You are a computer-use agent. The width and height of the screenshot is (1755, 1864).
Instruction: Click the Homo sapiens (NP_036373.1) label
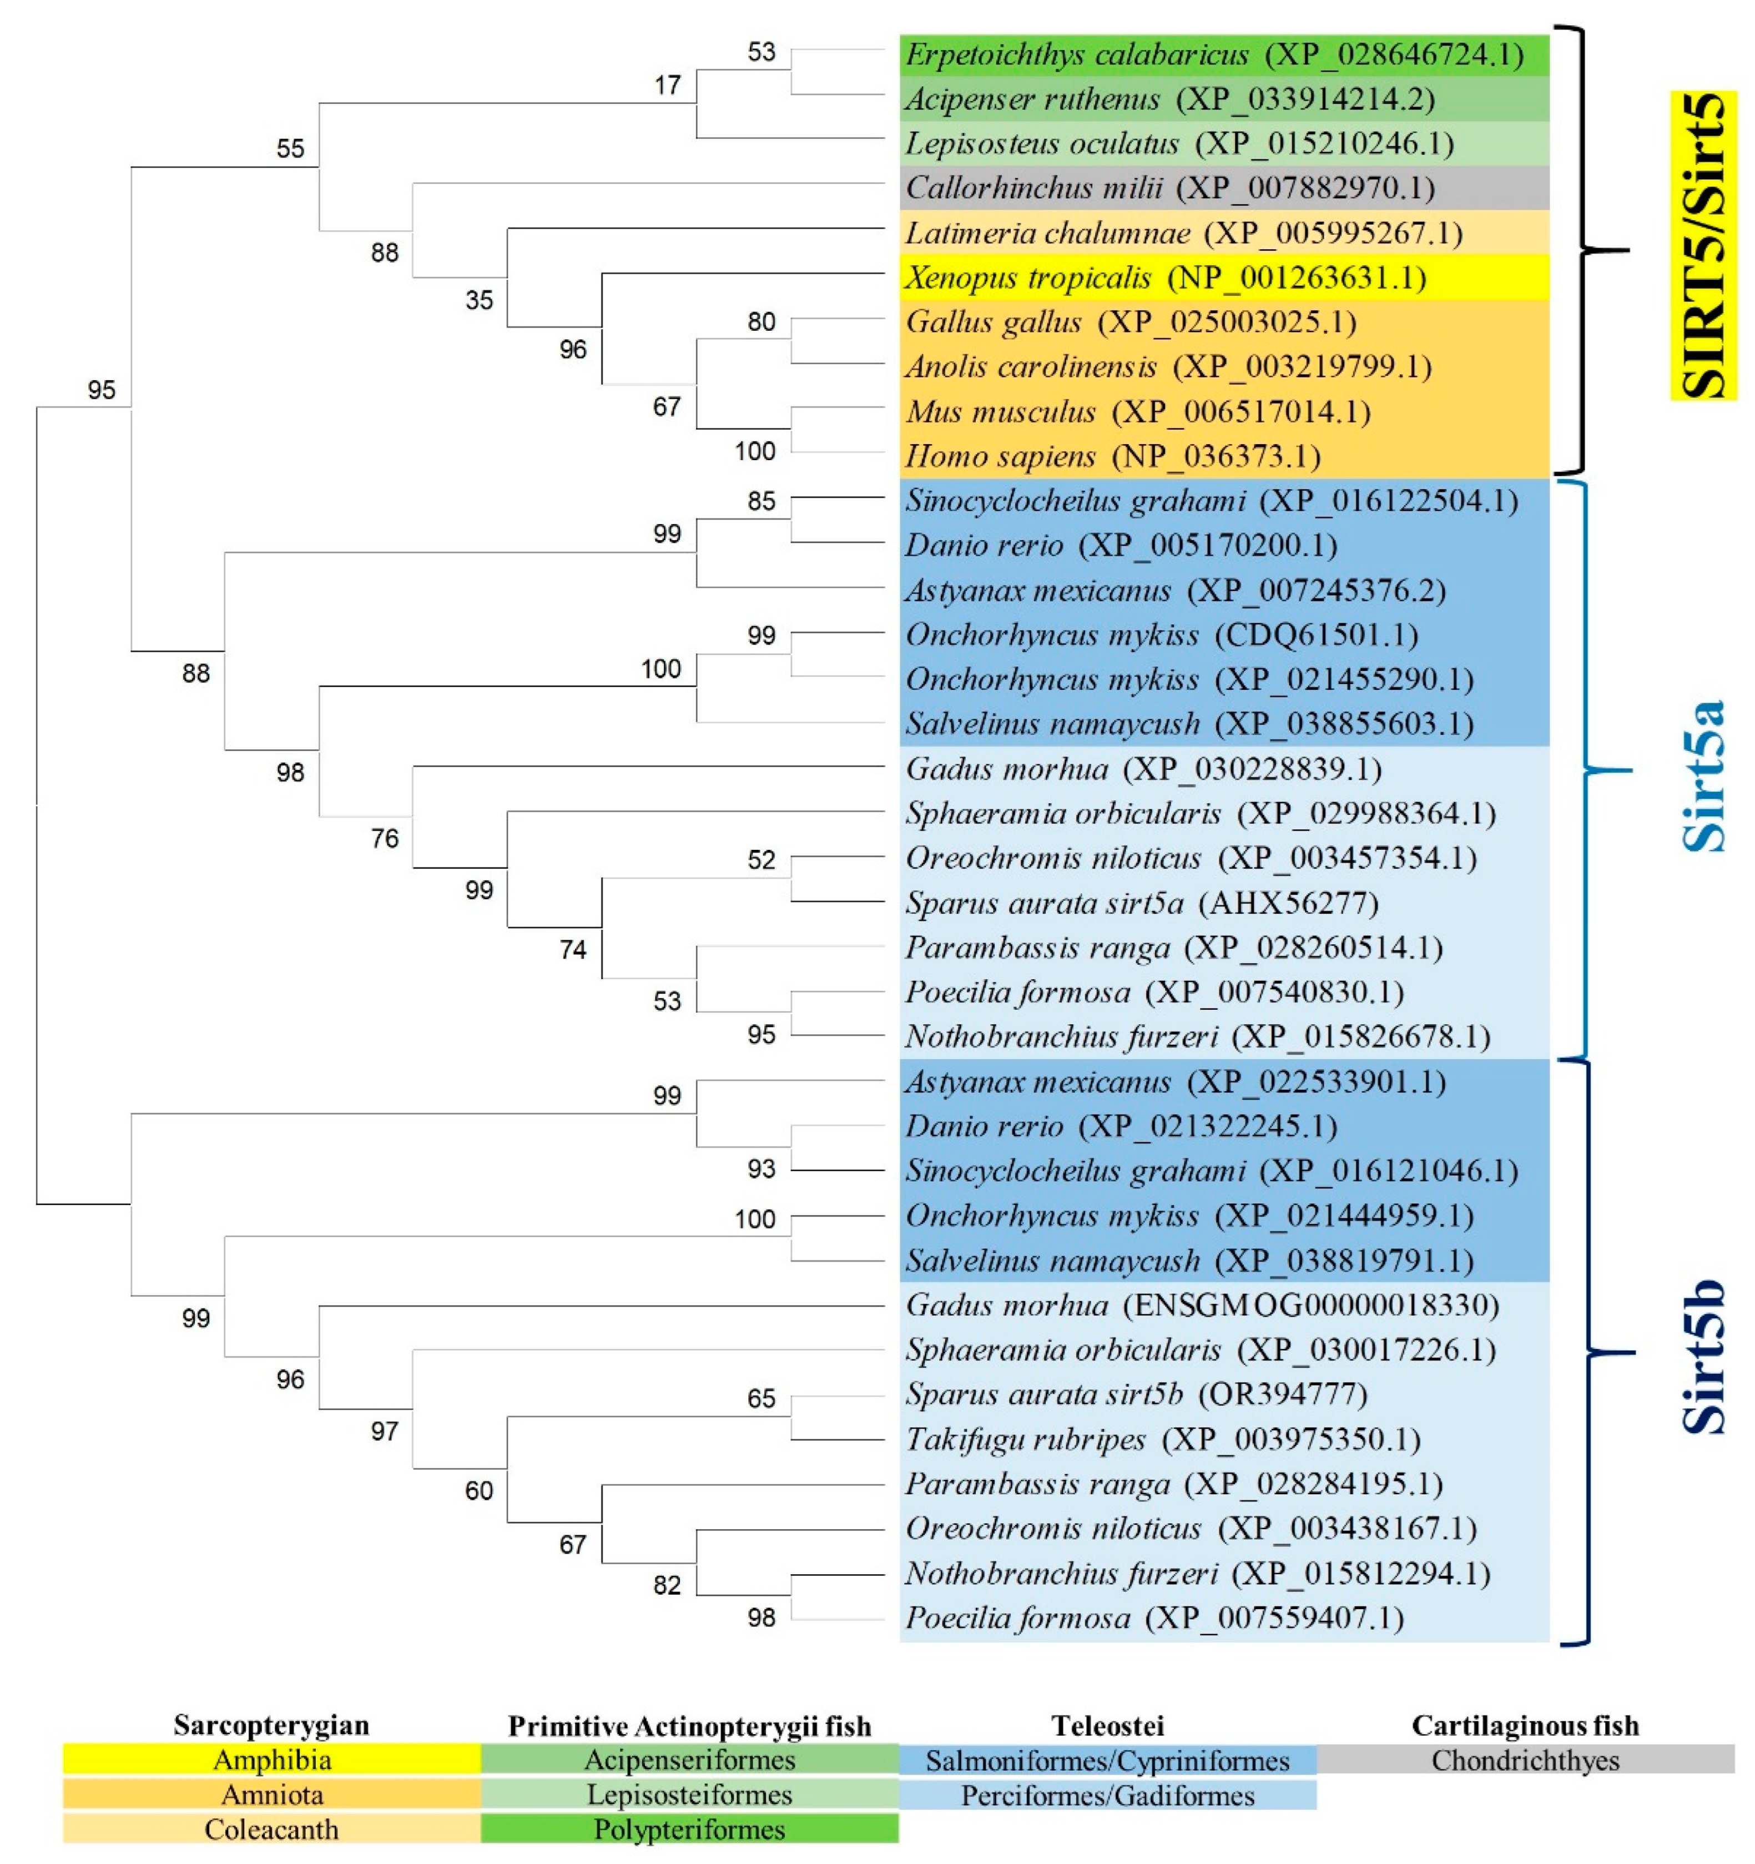point(1113,457)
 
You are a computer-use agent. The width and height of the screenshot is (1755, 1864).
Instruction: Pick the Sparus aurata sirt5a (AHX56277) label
point(1141,903)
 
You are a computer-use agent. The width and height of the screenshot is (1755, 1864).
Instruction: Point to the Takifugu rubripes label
point(1162,1439)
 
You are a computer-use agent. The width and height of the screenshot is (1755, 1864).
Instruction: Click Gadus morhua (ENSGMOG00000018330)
point(1202,1305)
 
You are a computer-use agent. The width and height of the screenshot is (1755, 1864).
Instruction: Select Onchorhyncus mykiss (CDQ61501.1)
point(1161,635)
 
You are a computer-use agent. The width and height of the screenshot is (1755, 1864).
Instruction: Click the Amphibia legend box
point(272,1760)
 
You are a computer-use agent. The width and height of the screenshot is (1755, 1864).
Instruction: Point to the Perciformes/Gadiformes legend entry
point(1107,1795)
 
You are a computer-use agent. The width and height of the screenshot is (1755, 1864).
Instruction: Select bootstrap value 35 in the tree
point(479,300)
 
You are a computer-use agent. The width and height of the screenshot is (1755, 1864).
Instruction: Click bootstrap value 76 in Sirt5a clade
point(385,838)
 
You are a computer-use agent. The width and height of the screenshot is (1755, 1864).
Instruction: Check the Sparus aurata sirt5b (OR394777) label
point(1136,1394)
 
